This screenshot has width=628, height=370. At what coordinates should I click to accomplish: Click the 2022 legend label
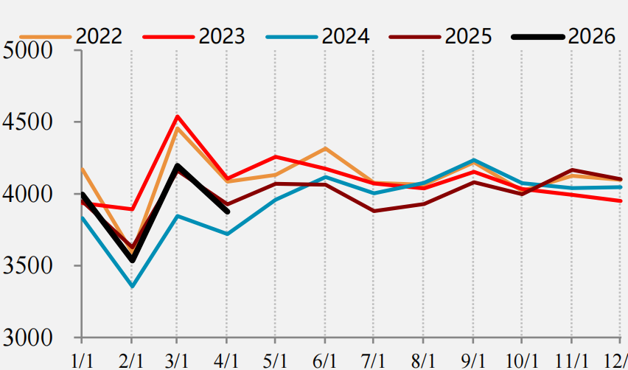coord(99,36)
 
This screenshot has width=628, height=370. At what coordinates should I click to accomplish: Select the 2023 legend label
coord(221,36)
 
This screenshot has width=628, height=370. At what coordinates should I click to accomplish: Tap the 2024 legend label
coord(345,36)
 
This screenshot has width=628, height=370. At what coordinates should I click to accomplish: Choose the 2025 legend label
coord(468,36)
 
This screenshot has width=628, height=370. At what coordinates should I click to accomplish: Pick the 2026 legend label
coord(591,36)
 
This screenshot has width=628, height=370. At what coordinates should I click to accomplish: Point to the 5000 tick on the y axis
coord(27,50)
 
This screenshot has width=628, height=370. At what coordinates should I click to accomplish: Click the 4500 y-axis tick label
coord(27,122)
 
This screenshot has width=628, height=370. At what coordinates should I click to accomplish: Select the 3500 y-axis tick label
coord(27,265)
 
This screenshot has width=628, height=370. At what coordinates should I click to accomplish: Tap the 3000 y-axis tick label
coord(27,338)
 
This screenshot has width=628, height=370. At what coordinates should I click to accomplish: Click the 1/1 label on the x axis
coord(82,361)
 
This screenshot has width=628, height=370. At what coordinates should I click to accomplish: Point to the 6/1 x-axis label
coord(325,361)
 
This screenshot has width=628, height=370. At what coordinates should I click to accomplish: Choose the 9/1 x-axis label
coord(473,361)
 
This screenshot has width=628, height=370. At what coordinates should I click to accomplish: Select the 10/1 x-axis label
coord(521,361)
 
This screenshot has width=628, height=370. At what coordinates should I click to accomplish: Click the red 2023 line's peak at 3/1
coord(177,116)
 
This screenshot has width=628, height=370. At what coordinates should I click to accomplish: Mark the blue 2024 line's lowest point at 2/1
coord(132,286)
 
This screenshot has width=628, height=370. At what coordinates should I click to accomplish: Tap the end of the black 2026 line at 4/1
coord(228,212)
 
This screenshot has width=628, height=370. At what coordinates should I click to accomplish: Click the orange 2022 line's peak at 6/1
coord(325,148)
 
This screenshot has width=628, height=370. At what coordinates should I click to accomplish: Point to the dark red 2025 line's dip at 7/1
coord(373,211)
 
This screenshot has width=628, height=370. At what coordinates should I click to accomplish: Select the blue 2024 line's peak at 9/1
coord(473,160)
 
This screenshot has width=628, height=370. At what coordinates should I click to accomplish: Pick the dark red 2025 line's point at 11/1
coord(571,170)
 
